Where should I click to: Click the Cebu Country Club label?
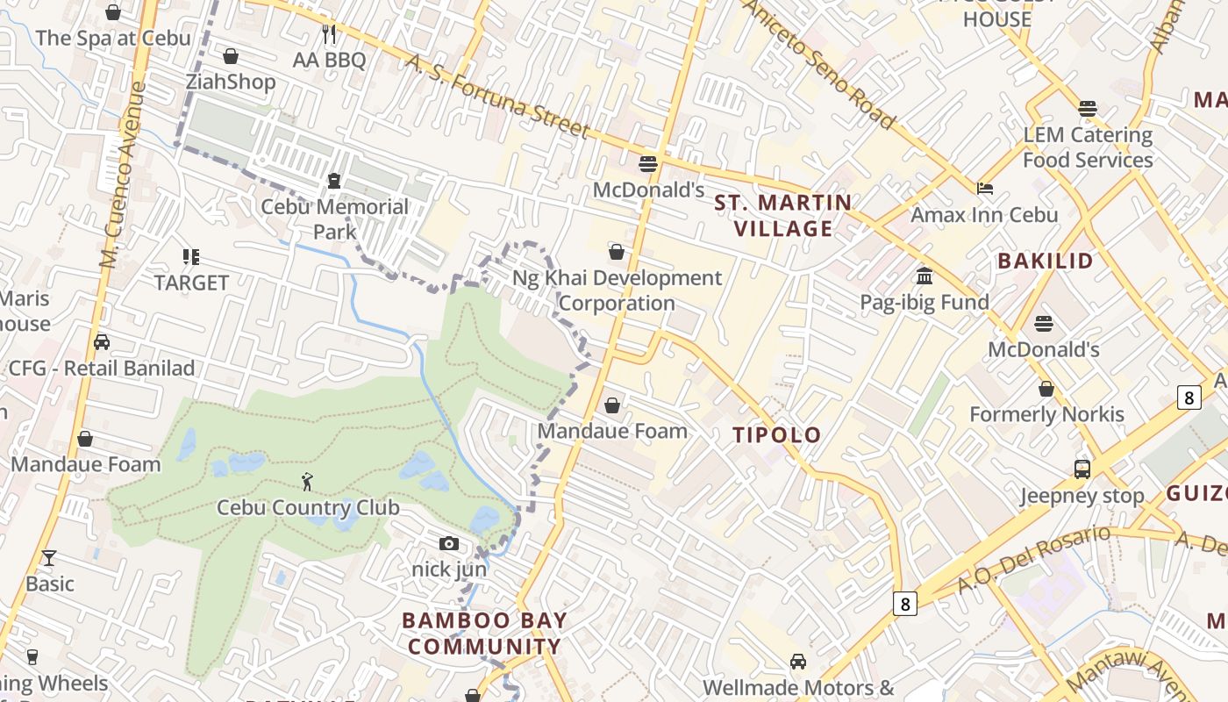click(308, 507)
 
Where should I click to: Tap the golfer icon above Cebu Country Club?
click(307, 482)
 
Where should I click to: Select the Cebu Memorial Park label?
click(335, 218)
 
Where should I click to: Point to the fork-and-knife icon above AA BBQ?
click(330, 34)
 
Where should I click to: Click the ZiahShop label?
click(231, 82)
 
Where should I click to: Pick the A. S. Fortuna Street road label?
click(497, 97)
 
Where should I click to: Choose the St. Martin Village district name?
click(783, 216)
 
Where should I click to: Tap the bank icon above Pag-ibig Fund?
click(925, 276)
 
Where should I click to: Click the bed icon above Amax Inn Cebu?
click(985, 189)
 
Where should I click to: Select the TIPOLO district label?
click(777, 434)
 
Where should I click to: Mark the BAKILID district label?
click(1046, 261)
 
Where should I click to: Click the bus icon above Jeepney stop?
click(1082, 469)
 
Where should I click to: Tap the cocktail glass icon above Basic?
click(49, 558)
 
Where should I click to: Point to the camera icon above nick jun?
click(449, 544)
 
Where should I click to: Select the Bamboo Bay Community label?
click(484, 634)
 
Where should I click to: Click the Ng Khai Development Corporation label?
click(618, 290)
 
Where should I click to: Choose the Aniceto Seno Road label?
click(819, 63)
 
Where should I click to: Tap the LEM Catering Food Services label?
click(1088, 147)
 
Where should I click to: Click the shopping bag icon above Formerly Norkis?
click(1046, 389)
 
